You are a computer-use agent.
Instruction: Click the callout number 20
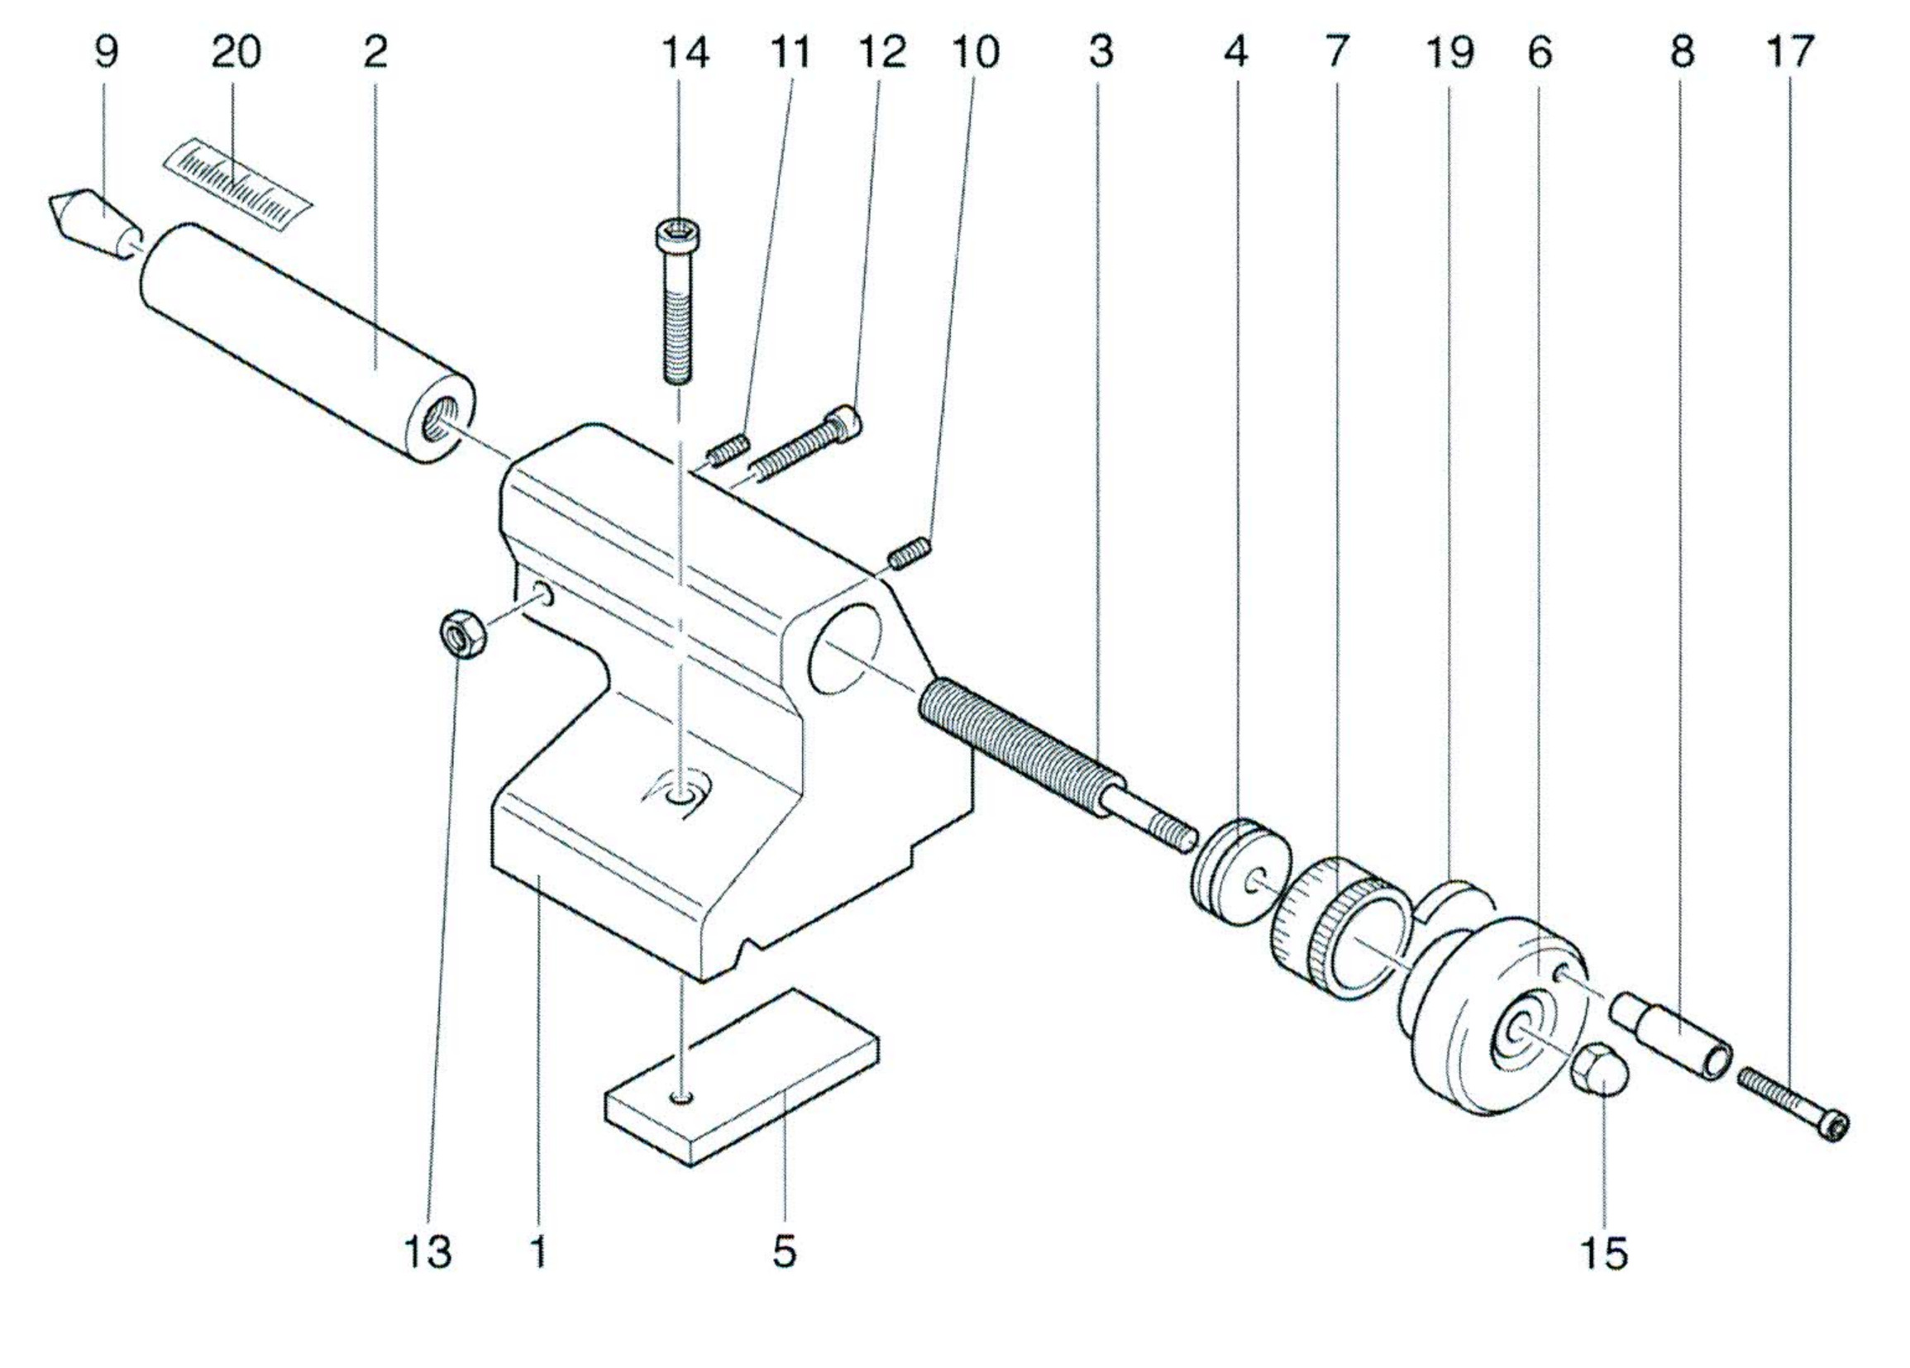pyautogui.click(x=236, y=52)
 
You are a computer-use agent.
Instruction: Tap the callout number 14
pyautogui.click(x=685, y=52)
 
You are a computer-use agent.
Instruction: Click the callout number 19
pyautogui.click(x=1449, y=52)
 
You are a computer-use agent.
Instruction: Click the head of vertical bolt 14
pyautogui.click(x=679, y=234)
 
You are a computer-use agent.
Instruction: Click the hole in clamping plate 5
pyautogui.click(x=682, y=1097)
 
